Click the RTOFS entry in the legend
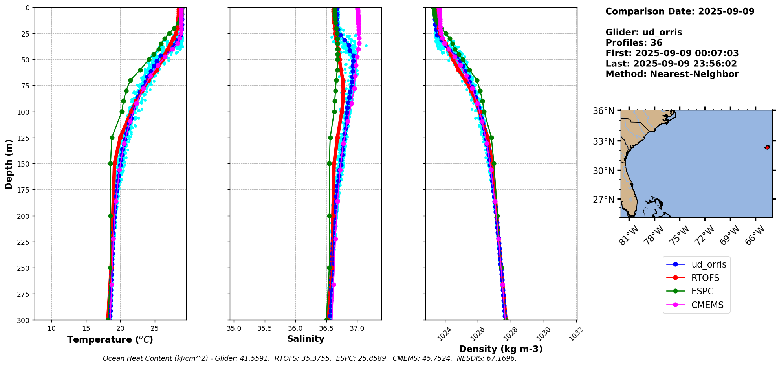click(705, 278)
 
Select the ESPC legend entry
click(702, 291)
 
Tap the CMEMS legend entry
click(707, 305)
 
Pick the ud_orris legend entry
click(709, 264)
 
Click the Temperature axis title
click(110, 339)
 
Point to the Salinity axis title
click(306, 339)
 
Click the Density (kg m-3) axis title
click(501, 349)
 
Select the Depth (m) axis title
click(9, 164)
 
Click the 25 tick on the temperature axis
click(154, 328)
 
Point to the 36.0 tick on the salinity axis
click(295, 328)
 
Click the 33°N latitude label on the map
click(603, 141)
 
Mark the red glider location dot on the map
click(767, 147)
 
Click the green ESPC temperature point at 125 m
click(112, 138)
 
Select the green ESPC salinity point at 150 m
click(329, 163)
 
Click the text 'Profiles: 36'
click(634, 43)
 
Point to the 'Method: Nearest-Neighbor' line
click(672, 74)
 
